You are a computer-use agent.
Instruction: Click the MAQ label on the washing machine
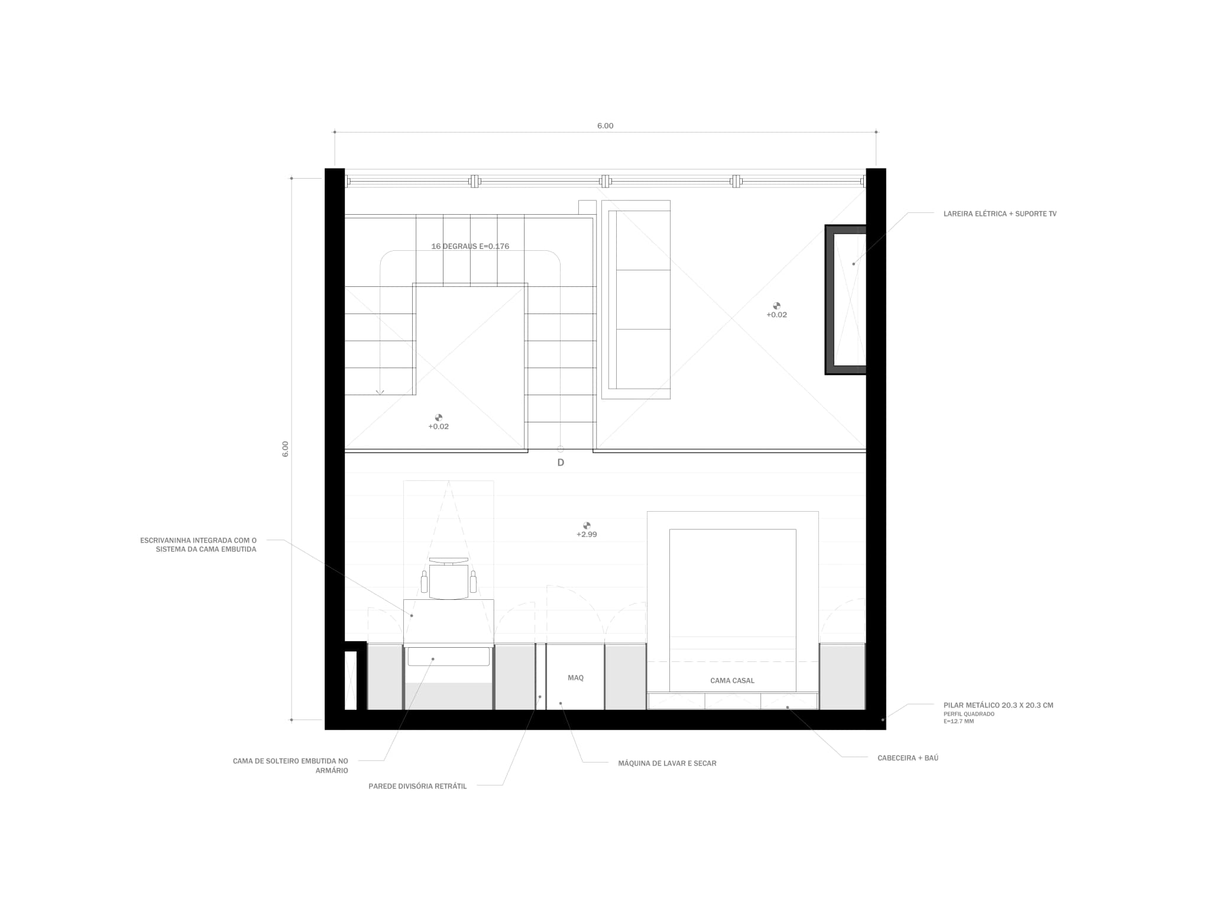[575, 678]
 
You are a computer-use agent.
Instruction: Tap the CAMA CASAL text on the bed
[732, 681]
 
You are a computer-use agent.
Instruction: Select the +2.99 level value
[587, 535]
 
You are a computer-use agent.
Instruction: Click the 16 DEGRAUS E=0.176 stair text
[470, 247]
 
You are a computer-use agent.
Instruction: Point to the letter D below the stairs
[561, 463]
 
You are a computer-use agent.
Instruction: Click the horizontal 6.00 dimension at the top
[605, 126]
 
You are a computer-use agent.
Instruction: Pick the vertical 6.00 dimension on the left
[285, 448]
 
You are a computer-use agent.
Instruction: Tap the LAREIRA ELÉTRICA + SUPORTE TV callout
[999, 214]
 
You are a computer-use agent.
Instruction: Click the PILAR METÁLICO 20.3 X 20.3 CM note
[998, 705]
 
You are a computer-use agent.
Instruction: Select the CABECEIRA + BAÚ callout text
[908, 758]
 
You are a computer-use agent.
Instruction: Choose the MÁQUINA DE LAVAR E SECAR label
[667, 764]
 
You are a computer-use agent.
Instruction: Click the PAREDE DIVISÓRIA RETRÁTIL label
[417, 787]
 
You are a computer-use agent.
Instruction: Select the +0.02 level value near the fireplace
[776, 315]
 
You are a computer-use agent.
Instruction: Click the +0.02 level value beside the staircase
[438, 427]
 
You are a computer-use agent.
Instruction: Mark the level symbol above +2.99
[587, 525]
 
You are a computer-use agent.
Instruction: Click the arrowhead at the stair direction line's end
[380, 392]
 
